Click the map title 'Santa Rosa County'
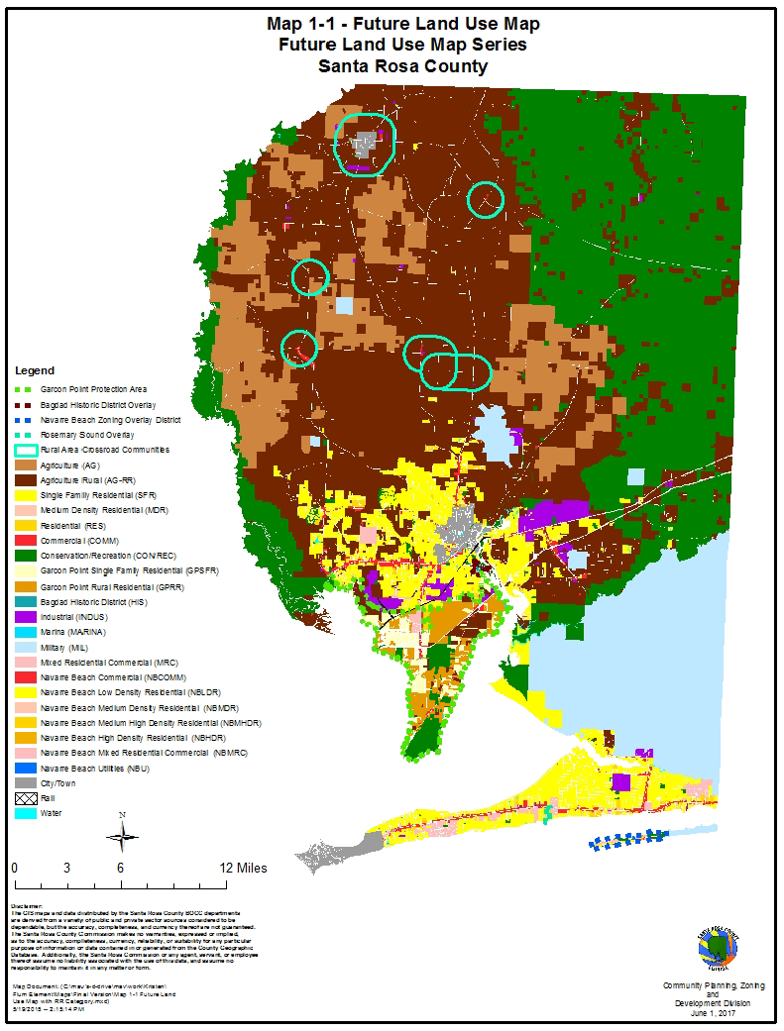[402, 66]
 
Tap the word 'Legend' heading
[35, 370]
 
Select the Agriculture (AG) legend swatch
[24, 464]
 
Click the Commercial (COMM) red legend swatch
[24, 541]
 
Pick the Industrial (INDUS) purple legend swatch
[24, 617]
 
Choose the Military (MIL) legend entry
[68, 647]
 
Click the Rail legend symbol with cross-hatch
[24, 798]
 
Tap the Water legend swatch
[24, 813]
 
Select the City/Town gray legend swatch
[24, 783]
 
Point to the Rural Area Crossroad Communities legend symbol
[24, 450]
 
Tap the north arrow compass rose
[122, 837]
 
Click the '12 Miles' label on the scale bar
[244, 869]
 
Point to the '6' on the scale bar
[120, 869]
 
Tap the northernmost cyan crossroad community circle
[365, 143]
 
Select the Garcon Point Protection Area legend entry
[93, 389]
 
